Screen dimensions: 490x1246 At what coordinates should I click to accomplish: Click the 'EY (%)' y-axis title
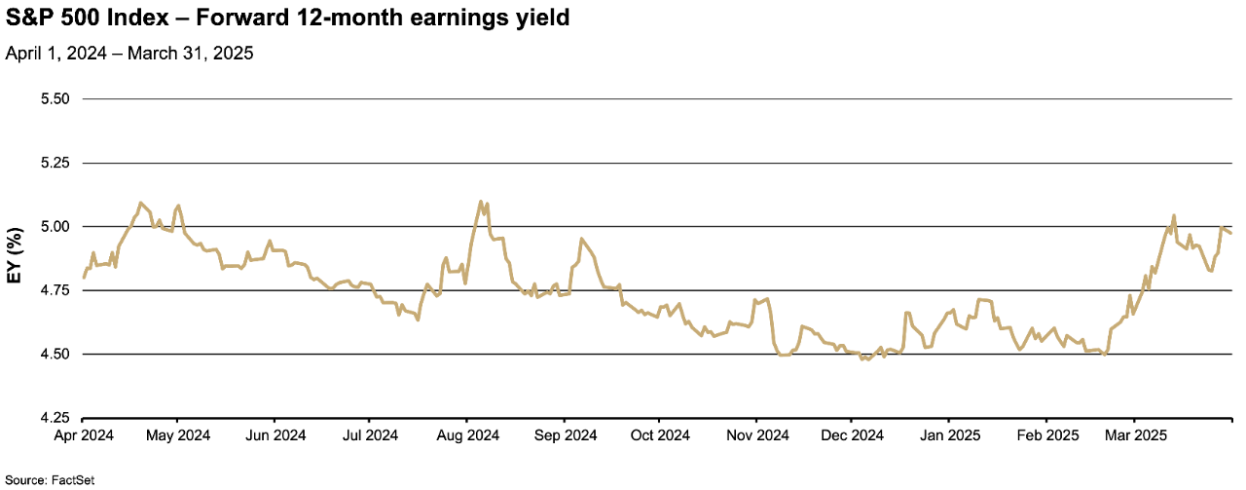pos(15,258)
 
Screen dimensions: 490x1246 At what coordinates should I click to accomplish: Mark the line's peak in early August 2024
pos(481,202)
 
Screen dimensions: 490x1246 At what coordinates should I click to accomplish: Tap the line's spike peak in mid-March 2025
pos(1174,215)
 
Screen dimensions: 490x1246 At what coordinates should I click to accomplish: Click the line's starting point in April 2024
pos(84,278)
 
